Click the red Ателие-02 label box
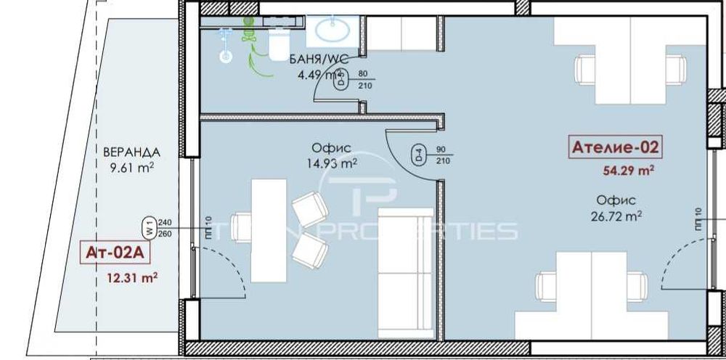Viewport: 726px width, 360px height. [615, 147]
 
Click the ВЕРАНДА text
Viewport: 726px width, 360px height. [131, 153]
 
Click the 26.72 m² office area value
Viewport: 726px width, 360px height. [616, 216]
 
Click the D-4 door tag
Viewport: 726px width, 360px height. [419, 154]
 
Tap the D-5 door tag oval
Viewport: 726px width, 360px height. [340, 79]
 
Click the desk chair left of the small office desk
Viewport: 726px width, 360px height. [242, 228]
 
